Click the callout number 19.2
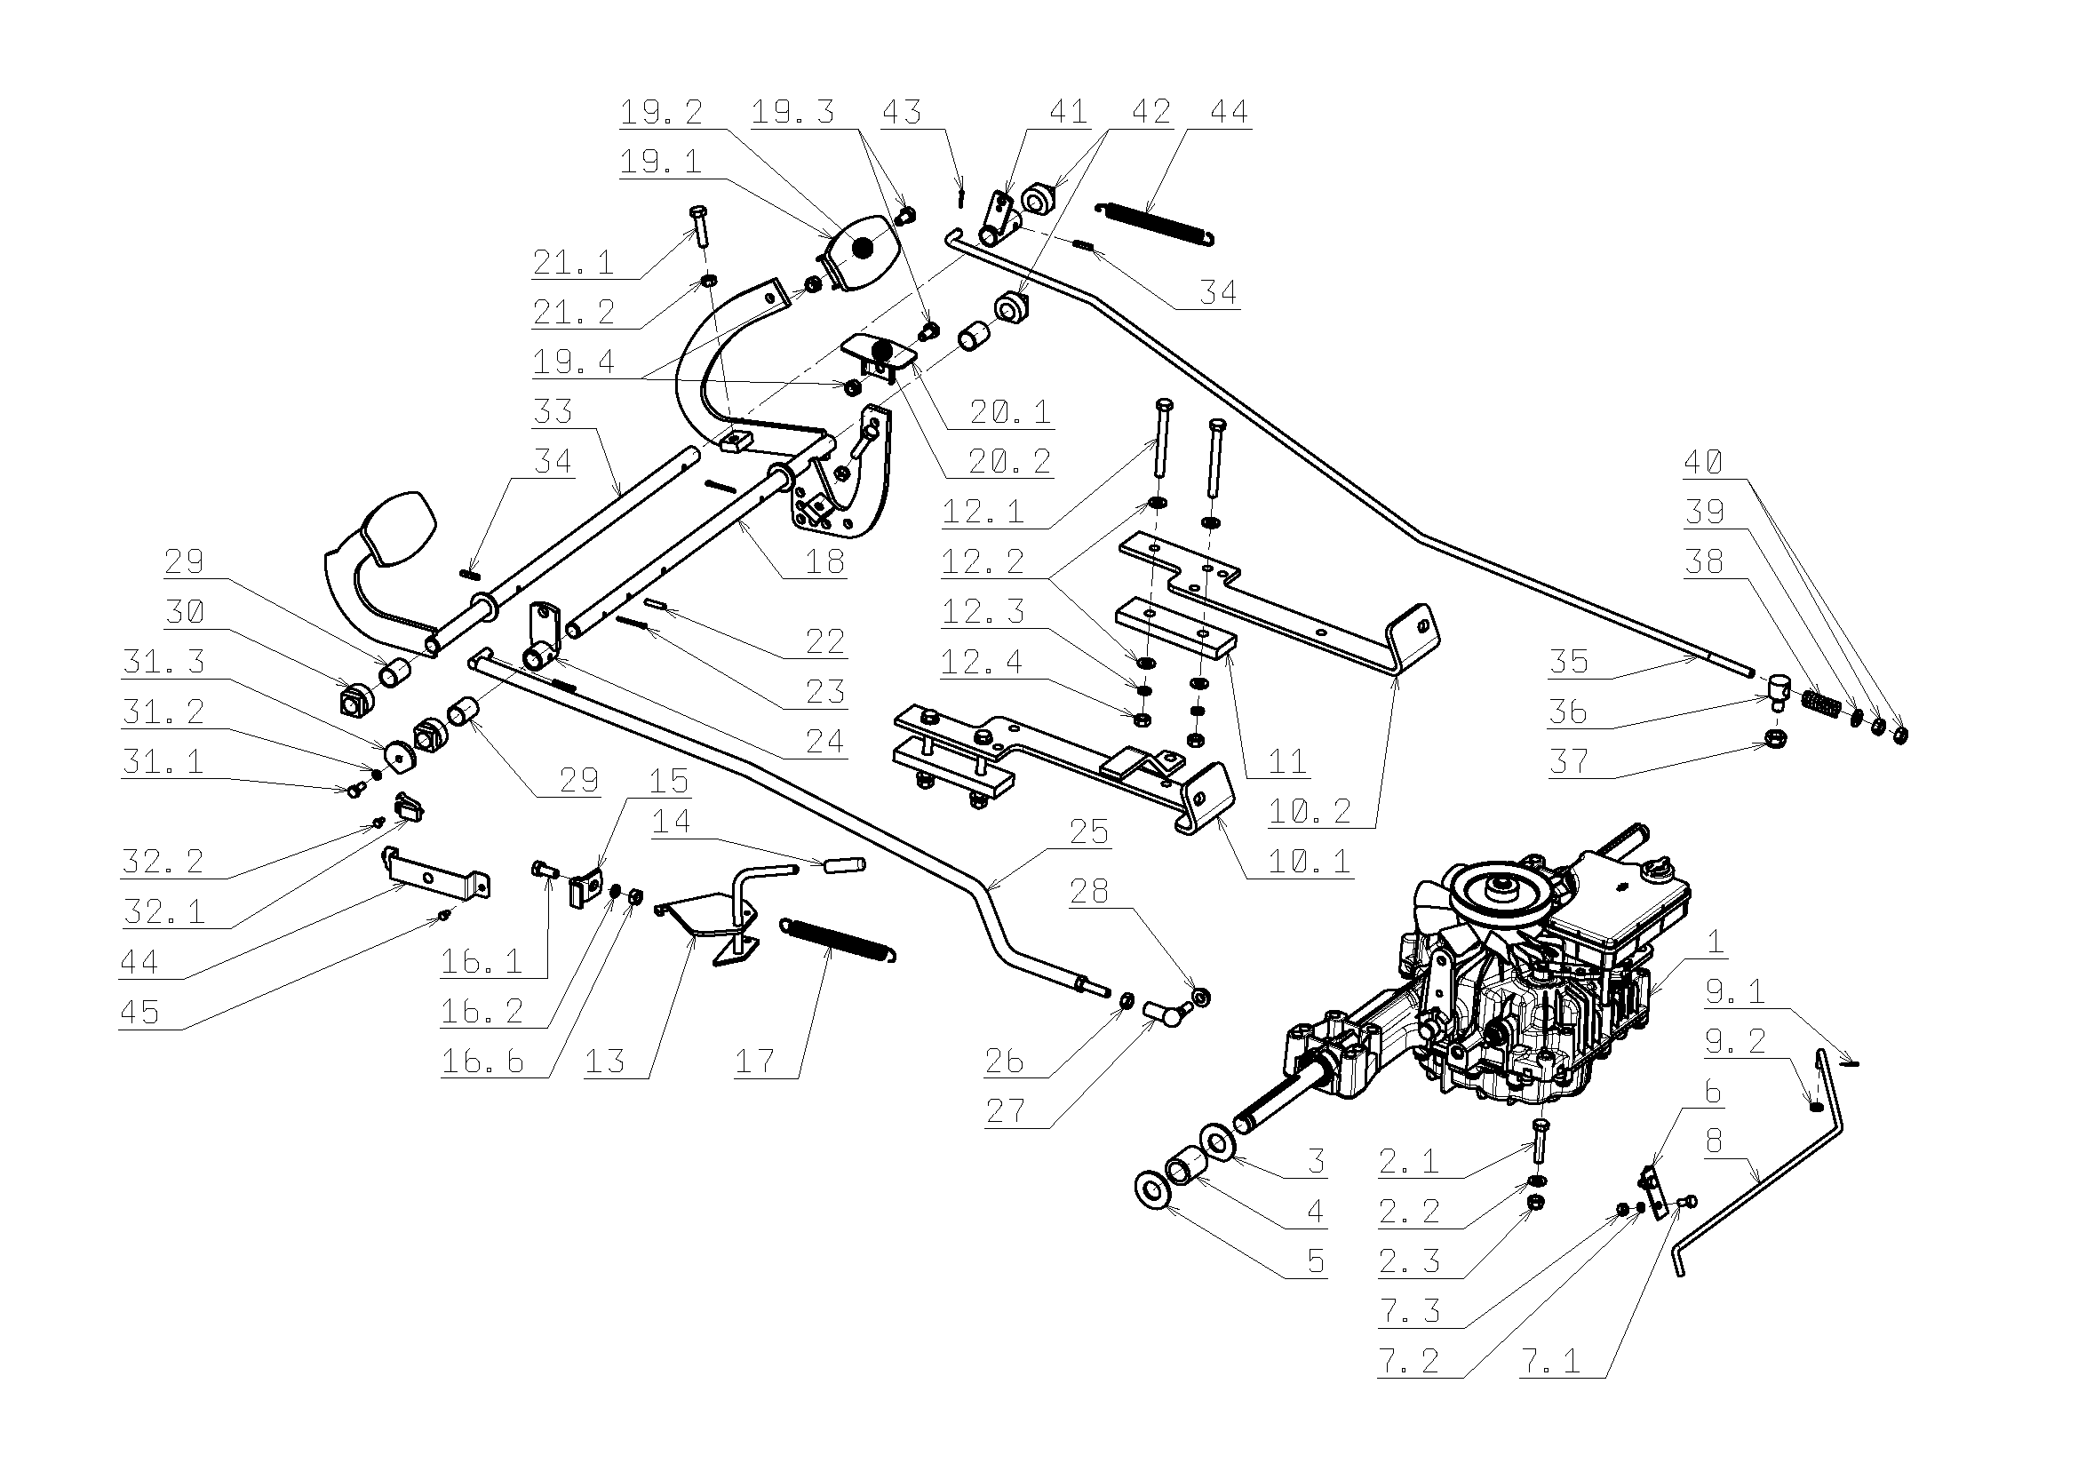[660, 112]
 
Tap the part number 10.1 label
[1309, 861]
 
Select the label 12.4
[983, 662]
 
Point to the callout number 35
[1569, 661]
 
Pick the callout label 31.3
[164, 662]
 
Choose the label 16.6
[482, 1062]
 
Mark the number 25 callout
[1089, 831]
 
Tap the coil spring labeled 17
[839, 939]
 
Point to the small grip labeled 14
[844, 866]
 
